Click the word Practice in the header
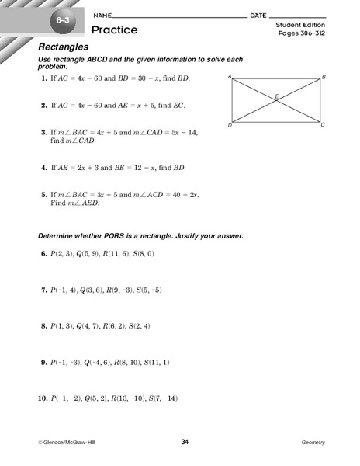[x=114, y=30]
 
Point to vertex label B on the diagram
[x=324, y=76]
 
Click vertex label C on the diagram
[x=324, y=124]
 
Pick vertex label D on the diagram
[x=230, y=124]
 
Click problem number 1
[x=42, y=79]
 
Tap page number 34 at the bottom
[x=185, y=442]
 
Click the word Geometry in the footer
[x=313, y=442]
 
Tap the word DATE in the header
[x=259, y=16]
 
